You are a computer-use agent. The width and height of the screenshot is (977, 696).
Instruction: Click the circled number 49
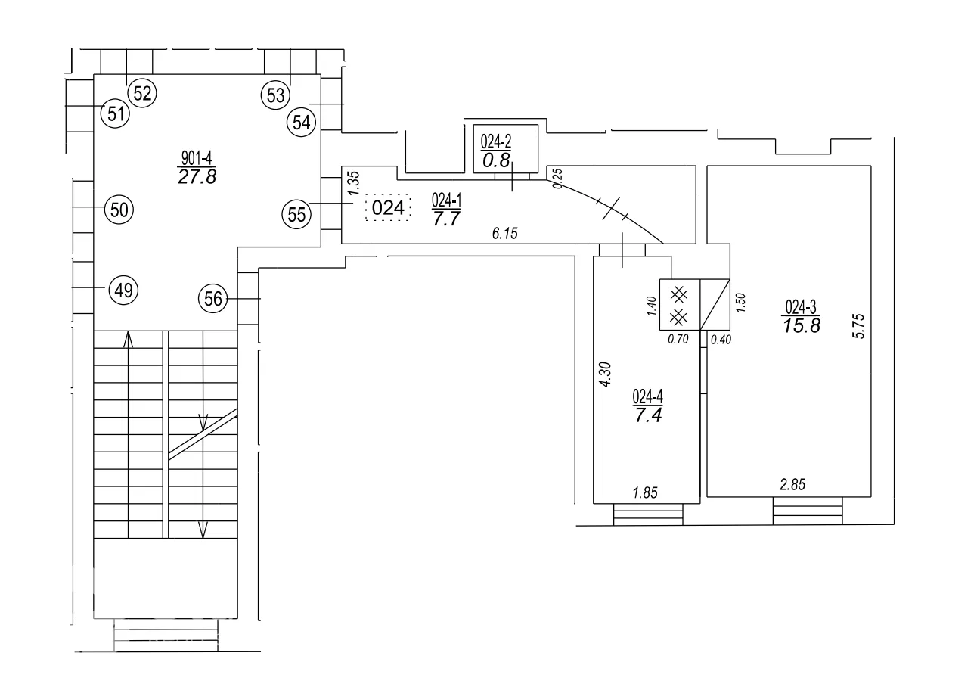tap(123, 291)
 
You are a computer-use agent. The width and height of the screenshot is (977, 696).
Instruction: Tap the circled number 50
tap(119, 210)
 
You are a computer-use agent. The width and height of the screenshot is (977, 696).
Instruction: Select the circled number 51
tap(115, 113)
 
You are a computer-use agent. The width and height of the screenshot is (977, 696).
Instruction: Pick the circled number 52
tap(142, 93)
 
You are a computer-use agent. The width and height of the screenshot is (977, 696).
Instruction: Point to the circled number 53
tap(276, 95)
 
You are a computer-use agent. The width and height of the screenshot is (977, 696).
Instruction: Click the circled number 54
tap(302, 123)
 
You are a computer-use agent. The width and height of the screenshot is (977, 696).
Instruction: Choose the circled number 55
tap(296, 214)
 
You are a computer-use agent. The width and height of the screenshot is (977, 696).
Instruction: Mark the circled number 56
tap(212, 299)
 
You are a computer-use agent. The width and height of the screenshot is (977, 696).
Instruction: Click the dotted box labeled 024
tap(388, 208)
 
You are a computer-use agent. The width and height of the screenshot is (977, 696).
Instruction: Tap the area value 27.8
tap(197, 177)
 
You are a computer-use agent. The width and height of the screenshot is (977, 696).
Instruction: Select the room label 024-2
tap(496, 141)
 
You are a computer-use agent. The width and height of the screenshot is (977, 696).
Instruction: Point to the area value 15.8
tap(802, 326)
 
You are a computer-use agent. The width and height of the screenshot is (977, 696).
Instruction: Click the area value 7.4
tap(648, 416)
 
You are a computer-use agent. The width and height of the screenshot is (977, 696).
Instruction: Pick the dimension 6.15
tap(504, 234)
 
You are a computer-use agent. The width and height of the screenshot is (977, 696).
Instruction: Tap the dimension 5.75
tap(858, 326)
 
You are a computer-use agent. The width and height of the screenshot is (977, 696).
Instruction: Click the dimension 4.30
tap(605, 374)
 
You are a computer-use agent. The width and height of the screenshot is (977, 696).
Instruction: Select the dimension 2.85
tap(792, 484)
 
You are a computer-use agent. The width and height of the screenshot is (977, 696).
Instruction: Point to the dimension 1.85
tap(645, 492)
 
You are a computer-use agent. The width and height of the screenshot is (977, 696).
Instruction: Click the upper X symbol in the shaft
tap(678, 294)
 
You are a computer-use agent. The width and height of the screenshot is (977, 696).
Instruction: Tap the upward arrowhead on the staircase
tap(128, 340)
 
